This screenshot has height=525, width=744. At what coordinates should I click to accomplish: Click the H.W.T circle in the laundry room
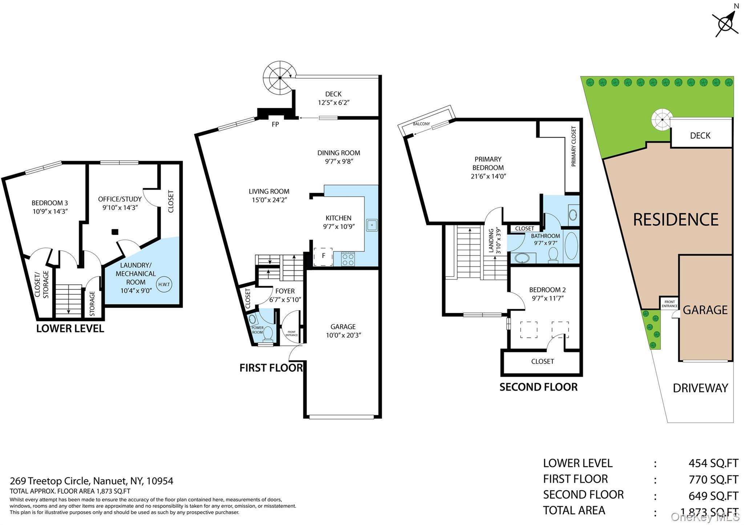pyautogui.click(x=164, y=284)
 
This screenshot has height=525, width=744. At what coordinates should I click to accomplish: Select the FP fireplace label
pyautogui.click(x=275, y=124)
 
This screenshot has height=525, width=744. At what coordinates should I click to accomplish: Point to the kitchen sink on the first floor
pyautogui.click(x=372, y=225)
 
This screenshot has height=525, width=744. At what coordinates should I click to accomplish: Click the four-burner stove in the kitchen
pyautogui.click(x=348, y=259)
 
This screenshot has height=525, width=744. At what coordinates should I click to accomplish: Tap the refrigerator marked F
pyautogui.click(x=323, y=256)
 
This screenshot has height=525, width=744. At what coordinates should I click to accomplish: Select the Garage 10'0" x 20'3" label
pyautogui.click(x=343, y=331)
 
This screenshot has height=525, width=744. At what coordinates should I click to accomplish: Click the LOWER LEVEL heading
pyautogui.click(x=70, y=329)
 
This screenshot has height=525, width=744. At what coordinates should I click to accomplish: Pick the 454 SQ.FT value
pyautogui.click(x=713, y=463)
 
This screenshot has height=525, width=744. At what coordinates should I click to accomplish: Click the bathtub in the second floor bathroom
pyautogui.click(x=571, y=246)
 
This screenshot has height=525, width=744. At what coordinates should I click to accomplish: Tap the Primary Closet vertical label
pyautogui.click(x=574, y=146)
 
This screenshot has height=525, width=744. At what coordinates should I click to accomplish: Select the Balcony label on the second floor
pyautogui.click(x=421, y=124)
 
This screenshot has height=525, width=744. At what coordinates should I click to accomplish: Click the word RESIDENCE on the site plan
pyautogui.click(x=676, y=220)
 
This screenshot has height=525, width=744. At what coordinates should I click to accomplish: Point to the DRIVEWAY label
pyautogui.click(x=700, y=388)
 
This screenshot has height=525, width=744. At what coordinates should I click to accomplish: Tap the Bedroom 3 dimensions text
pyautogui.click(x=50, y=212)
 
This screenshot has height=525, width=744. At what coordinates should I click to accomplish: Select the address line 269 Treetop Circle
pyautogui.click(x=92, y=481)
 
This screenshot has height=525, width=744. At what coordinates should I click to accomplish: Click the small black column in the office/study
pyautogui.click(x=115, y=231)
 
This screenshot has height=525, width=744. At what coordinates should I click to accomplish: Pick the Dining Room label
pyautogui.click(x=339, y=153)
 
